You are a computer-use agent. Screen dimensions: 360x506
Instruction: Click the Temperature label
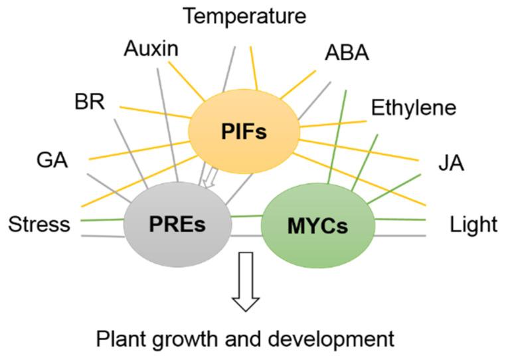tap(245, 16)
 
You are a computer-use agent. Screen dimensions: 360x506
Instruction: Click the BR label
tap(89, 103)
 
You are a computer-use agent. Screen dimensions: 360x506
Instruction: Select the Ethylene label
tap(414, 108)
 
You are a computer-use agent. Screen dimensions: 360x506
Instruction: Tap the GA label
tap(52, 161)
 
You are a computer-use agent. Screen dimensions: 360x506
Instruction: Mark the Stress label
tap(39, 225)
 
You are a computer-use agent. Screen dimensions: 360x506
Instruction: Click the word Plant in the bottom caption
tap(120, 339)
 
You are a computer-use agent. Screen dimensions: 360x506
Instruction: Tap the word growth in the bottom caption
tap(186, 340)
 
